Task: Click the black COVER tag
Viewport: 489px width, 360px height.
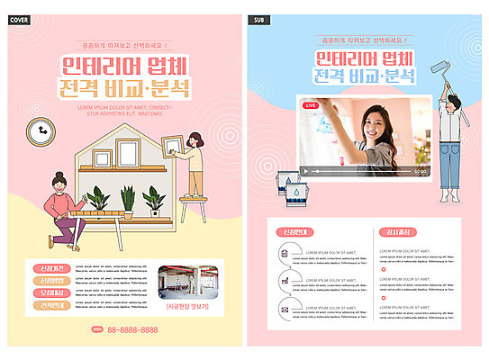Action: [21, 19]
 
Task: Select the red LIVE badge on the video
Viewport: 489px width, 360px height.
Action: [312, 105]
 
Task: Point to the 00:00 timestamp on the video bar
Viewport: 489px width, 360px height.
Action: [420, 170]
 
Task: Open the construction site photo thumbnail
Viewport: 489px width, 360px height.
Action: [188, 283]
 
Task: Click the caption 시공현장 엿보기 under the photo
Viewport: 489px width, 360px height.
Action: [188, 306]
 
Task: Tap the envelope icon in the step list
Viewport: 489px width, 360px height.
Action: [285, 310]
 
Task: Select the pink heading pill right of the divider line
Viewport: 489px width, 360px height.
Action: [397, 231]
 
